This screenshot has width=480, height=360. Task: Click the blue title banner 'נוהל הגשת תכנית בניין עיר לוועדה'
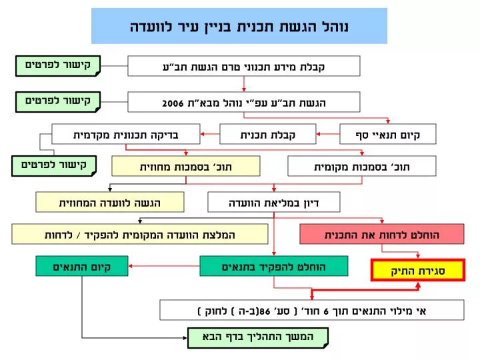pyautogui.click(x=239, y=26)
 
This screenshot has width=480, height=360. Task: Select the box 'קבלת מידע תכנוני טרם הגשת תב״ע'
pyautogui.click(x=244, y=66)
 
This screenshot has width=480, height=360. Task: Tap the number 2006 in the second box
pyautogui.click(x=173, y=103)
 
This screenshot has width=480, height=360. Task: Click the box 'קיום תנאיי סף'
pyautogui.click(x=388, y=134)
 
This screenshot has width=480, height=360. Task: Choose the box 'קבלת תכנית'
pyautogui.click(x=268, y=134)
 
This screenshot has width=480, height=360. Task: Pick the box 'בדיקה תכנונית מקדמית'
pyautogui.click(x=126, y=134)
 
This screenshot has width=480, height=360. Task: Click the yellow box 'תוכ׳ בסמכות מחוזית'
pyautogui.click(x=186, y=166)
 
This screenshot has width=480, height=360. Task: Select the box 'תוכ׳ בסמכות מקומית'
pyautogui.click(x=362, y=166)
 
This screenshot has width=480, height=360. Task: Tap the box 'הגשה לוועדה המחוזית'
pyautogui.click(x=110, y=202)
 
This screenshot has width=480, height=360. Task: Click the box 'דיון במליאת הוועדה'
pyautogui.click(x=274, y=202)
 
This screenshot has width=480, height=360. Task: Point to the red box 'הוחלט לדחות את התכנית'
pyautogui.click(x=382, y=234)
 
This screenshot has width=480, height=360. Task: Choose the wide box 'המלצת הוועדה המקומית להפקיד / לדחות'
pyautogui.click(x=140, y=234)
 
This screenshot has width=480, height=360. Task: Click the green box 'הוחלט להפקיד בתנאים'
pyautogui.click(x=274, y=266)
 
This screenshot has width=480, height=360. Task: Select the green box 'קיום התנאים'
pyautogui.click(x=82, y=266)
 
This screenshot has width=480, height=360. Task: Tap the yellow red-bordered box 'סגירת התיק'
pyautogui.click(x=418, y=270)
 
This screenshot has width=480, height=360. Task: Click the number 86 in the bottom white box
pyautogui.click(x=265, y=311)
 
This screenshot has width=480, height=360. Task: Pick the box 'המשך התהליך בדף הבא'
pyautogui.click(x=258, y=338)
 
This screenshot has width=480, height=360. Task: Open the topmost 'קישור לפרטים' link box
pyautogui.click(x=58, y=66)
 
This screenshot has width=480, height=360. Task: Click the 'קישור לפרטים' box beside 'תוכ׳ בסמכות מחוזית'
pyautogui.click(x=54, y=166)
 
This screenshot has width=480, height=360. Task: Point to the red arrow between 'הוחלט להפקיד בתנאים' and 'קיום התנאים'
pyautogui.click(x=164, y=266)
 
